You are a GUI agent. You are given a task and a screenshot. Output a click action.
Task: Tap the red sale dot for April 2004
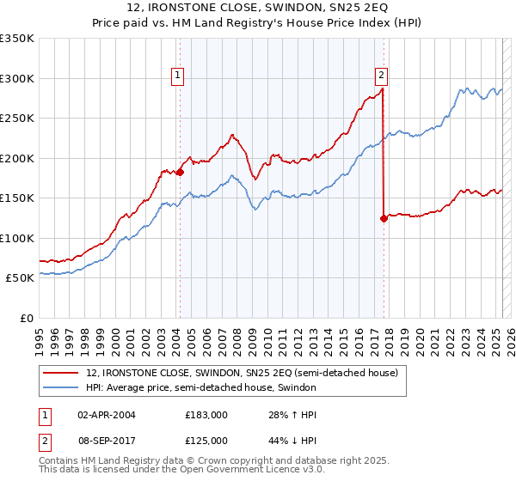[180, 172]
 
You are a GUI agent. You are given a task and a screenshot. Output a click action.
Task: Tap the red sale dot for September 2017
[384, 218]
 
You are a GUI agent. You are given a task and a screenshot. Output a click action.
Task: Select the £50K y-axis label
[20, 278]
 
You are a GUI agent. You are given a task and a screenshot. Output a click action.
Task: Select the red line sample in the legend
[61, 374]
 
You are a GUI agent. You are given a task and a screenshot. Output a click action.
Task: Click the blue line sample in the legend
[61, 388]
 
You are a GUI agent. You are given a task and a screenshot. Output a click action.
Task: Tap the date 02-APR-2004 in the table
[107, 415]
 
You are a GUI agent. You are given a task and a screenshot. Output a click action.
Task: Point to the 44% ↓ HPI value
[291, 441]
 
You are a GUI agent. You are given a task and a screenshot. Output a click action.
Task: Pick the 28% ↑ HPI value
[291, 415]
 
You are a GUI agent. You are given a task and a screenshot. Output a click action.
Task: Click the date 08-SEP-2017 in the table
[107, 441]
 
